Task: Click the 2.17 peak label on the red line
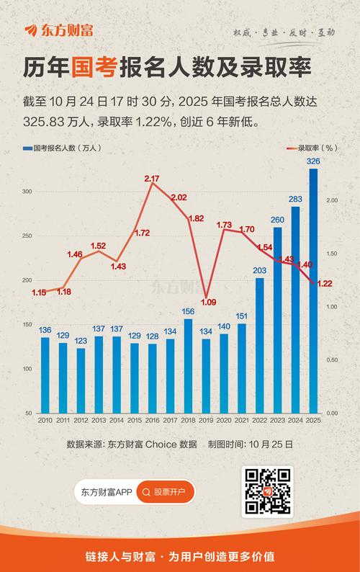tap(152, 178)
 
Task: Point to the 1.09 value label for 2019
tap(208, 302)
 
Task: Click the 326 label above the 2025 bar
tap(314, 161)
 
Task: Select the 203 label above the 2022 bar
tap(259, 271)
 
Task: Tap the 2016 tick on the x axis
tap(152, 420)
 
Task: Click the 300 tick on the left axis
tap(28, 192)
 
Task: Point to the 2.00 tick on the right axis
tap(332, 200)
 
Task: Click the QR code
tap(268, 491)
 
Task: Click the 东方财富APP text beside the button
tap(105, 493)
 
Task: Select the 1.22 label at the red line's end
tap(324, 284)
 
